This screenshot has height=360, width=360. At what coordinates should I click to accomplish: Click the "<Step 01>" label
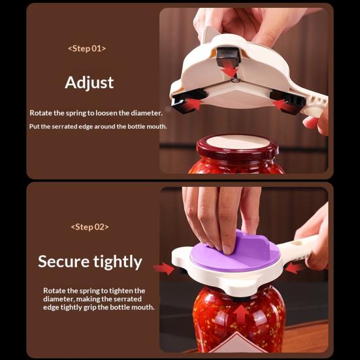[x=87, y=48]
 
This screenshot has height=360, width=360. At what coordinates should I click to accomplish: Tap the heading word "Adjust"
[x=89, y=82]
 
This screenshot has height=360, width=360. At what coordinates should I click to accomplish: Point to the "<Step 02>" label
[x=90, y=227]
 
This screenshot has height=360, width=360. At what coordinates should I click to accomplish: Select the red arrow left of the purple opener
[x=163, y=268]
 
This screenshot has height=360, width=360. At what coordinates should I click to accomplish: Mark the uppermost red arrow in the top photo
[x=229, y=69]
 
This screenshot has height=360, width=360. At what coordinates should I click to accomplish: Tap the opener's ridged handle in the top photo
[x=319, y=105]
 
